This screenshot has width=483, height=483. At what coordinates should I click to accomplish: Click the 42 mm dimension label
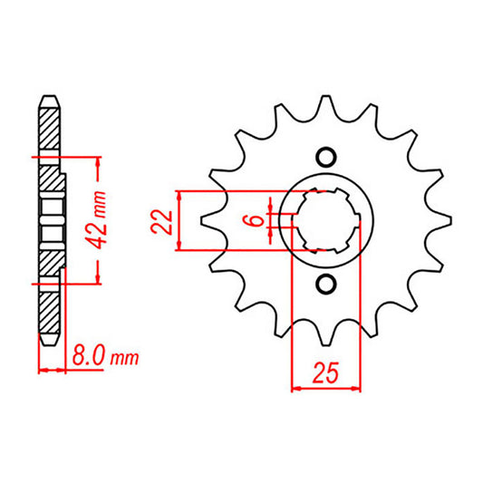[x=106, y=218]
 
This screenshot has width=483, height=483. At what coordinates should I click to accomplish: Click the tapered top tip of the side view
[x=50, y=97]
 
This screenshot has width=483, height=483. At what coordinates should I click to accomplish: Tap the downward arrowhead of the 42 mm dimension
[x=98, y=277]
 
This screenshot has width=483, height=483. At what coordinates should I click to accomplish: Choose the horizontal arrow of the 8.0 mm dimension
[x=52, y=369]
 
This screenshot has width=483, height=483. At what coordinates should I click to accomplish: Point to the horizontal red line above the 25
[x=324, y=391]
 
